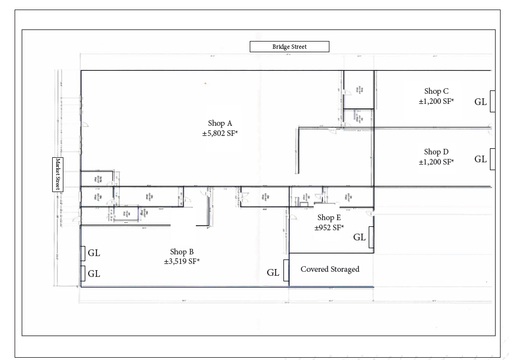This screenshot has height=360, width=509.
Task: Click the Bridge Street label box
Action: tap(289, 47)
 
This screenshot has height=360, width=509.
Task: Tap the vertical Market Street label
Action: tap(57, 175)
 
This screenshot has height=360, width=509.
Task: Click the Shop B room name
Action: tap(182, 252)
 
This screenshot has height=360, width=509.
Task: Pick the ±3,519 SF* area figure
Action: tap(182, 261)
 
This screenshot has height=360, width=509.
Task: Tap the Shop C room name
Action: tap(436, 91)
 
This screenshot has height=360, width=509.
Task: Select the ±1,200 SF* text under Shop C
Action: tap(436, 101)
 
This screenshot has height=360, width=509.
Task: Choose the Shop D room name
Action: tap(436, 152)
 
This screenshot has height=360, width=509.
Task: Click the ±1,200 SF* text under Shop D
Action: tap(436, 162)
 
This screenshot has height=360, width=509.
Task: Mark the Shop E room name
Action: tap(329, 217)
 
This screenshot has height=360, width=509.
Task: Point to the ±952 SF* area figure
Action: tap(329, 227)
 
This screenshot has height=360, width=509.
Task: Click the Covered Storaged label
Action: tap(330, 269)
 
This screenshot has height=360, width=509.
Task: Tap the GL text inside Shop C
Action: tap(480, 102)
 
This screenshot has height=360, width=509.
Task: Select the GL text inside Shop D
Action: tap(480, 159)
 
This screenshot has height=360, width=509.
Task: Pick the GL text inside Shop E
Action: tap(359, 237)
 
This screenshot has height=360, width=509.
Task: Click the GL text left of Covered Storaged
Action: tap(273, 272)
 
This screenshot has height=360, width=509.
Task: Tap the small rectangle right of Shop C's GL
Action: tap(492, 101)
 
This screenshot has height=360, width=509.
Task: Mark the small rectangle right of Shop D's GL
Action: tap(492, 159)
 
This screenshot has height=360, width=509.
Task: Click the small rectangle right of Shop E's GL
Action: tap(371, 237)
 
